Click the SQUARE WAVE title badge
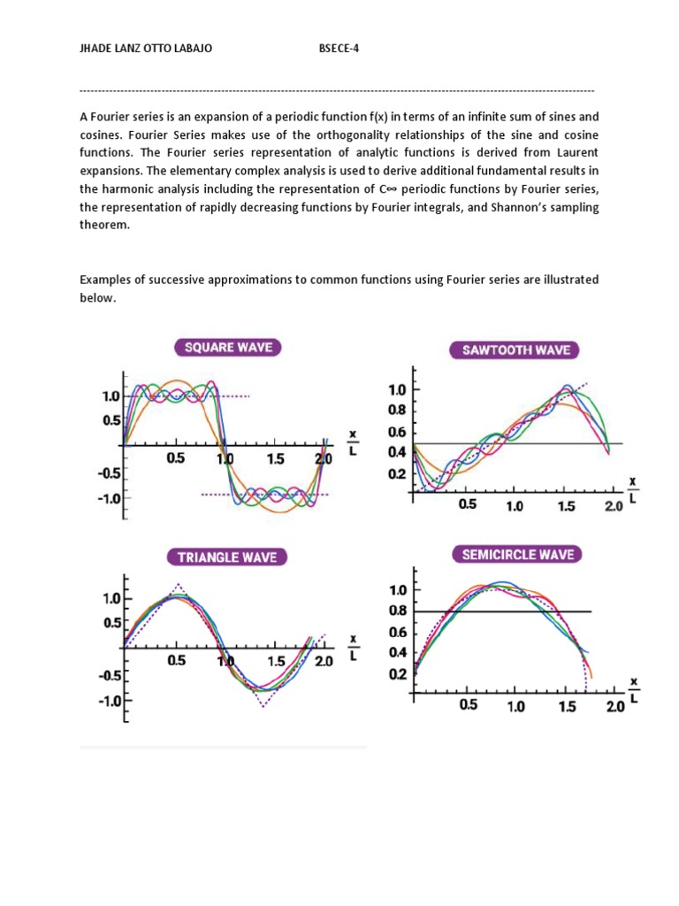click(228, 347)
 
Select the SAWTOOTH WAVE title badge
click(517, 349)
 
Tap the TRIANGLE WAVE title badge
click(226, 557)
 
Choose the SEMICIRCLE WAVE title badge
click(517, 555)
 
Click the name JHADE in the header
click(98, 49)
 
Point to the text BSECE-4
click(339, 49)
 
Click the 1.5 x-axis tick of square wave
click(275, 459)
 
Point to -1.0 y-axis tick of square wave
click(109, 497)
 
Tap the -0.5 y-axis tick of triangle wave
click(109, 675)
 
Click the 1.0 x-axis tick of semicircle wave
click(515, 707)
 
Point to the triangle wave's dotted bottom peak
click(263, 706)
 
